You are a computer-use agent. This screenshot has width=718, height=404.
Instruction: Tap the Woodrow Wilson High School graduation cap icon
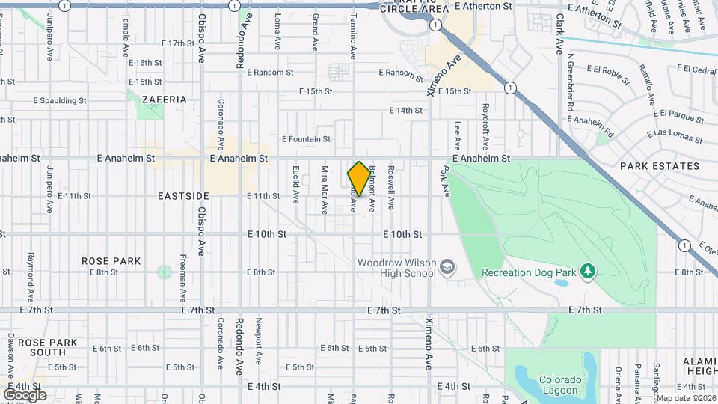(447, 267)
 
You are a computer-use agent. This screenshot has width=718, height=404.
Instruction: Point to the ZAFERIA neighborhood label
(164, 99)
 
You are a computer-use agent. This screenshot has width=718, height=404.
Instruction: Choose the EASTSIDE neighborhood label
(183, 195)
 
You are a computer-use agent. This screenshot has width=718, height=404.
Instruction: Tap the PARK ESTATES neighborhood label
(659, 166)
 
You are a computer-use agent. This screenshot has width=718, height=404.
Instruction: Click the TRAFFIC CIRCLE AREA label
(414, 7)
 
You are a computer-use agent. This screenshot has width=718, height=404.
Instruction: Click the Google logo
(25, 394)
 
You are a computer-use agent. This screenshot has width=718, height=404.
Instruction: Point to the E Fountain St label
(306, 139)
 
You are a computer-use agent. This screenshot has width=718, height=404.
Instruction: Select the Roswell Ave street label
(390, 187)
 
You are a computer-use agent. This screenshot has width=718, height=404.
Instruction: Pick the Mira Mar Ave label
(325, 188)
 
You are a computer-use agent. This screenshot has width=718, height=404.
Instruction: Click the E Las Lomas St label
(678, 136)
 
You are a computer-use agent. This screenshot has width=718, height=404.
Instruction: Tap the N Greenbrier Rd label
(569, 82)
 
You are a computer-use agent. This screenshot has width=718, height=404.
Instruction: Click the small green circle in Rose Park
(164, 272)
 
